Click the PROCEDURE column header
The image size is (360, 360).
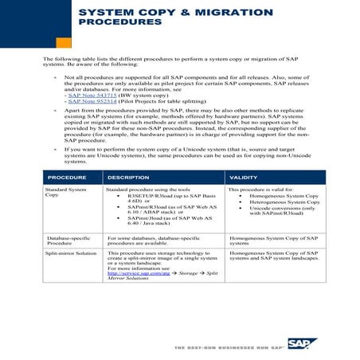point(67,177)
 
